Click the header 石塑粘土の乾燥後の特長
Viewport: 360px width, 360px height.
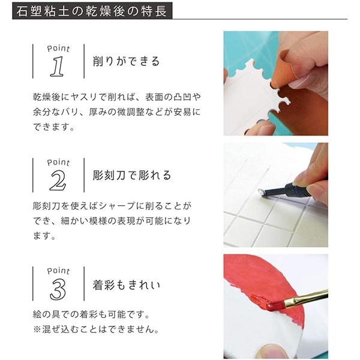92,11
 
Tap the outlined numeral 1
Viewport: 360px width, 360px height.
57,67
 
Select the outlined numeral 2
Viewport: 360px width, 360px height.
58,181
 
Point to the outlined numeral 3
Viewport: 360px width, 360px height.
58,290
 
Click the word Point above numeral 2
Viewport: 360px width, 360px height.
58,163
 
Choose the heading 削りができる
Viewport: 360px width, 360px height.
126,62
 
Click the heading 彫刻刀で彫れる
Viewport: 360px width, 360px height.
132,175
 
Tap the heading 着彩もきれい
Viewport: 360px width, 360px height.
126,285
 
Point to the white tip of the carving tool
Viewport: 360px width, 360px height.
261,191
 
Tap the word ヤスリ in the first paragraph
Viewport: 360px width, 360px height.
84,97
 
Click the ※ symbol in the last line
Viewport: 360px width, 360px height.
37,330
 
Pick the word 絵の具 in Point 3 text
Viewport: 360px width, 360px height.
47,314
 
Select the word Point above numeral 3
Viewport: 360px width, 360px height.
58,271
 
